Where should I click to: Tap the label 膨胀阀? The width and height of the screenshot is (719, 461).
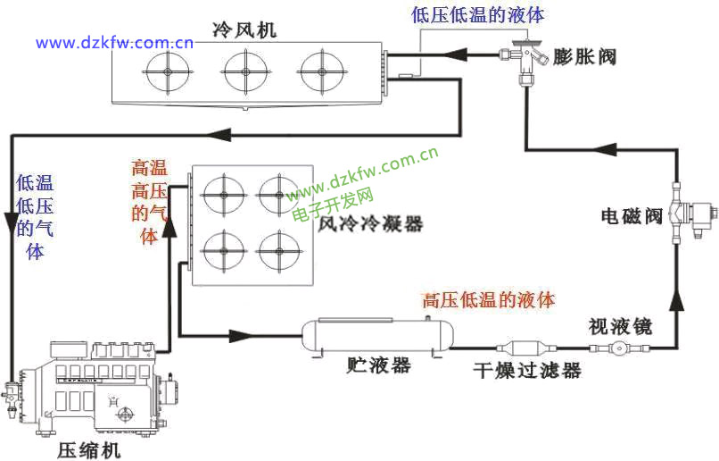coord(584,56)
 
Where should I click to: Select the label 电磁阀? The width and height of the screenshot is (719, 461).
coord(631,215)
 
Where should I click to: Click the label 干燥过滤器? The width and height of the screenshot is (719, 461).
coord(526,370)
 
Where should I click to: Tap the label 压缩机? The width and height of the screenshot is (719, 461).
coord(88,449)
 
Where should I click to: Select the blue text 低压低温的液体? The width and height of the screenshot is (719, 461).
coord(477,14)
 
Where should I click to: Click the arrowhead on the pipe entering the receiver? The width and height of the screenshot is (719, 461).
coord(241,336)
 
